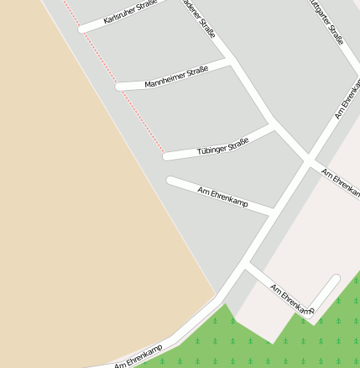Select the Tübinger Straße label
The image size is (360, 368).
(x=223, y=145)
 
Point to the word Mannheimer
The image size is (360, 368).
(x=164, y=81)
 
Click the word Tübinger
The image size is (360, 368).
(x=211, y=148)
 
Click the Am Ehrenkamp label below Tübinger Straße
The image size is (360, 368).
(x=222, y=197)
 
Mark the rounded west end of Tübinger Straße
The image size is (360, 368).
(x=167, y=155)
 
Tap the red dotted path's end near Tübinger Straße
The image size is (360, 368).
(x=164, y=152)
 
